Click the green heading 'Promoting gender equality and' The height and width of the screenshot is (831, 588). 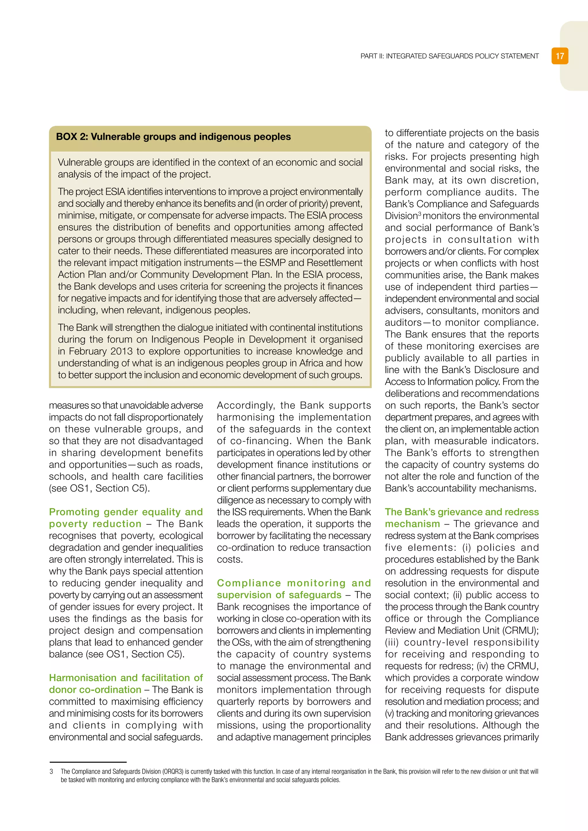126,512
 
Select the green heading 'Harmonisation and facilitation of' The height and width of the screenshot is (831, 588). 126,677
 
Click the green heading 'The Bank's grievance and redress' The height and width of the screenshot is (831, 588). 462,512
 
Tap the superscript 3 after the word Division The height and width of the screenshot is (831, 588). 420,213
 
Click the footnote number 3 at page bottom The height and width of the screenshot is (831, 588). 51,772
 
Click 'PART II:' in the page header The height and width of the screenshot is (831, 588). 372,56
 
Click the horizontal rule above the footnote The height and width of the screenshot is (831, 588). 88,762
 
